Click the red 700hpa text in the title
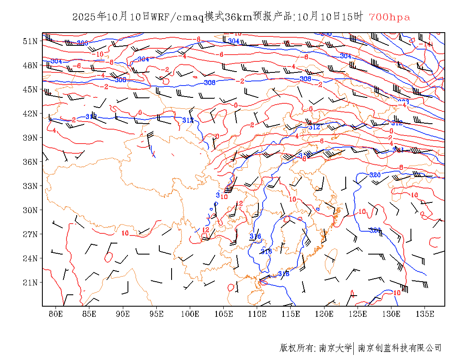[x=389, y=17]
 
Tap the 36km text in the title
[x=239, y=17]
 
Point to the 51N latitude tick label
[x=30, y=41]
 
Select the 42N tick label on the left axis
[x=30, y=114]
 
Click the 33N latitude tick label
[x=30, y=186]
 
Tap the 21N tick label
[x=30, y=282]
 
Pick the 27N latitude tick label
[x=30, y=234]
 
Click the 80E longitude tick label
[x=56, y=314]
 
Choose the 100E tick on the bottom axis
[x=190, y=314]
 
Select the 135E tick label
[x=425, y=314]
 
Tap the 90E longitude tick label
[x=123, y=314]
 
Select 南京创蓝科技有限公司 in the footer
[x=400, y=348]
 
